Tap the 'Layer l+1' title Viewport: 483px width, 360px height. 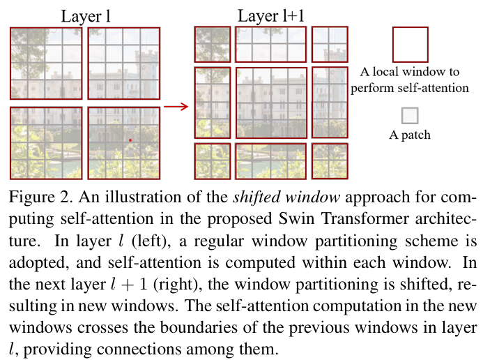click(270, 15)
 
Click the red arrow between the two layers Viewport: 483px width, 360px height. click(176, 107)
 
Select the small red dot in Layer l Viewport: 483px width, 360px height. click(130, 140)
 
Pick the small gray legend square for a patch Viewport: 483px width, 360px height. click(411, 115)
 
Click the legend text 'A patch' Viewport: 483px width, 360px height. click(410, 135)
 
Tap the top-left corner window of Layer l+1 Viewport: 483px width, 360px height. click(212, 44)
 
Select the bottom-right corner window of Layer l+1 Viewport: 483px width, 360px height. click(329, 160)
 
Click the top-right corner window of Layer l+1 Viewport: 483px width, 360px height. click(329, 44)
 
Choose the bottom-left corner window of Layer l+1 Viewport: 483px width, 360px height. click(212, 160)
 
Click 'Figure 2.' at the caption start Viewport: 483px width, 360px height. click(35, 196)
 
